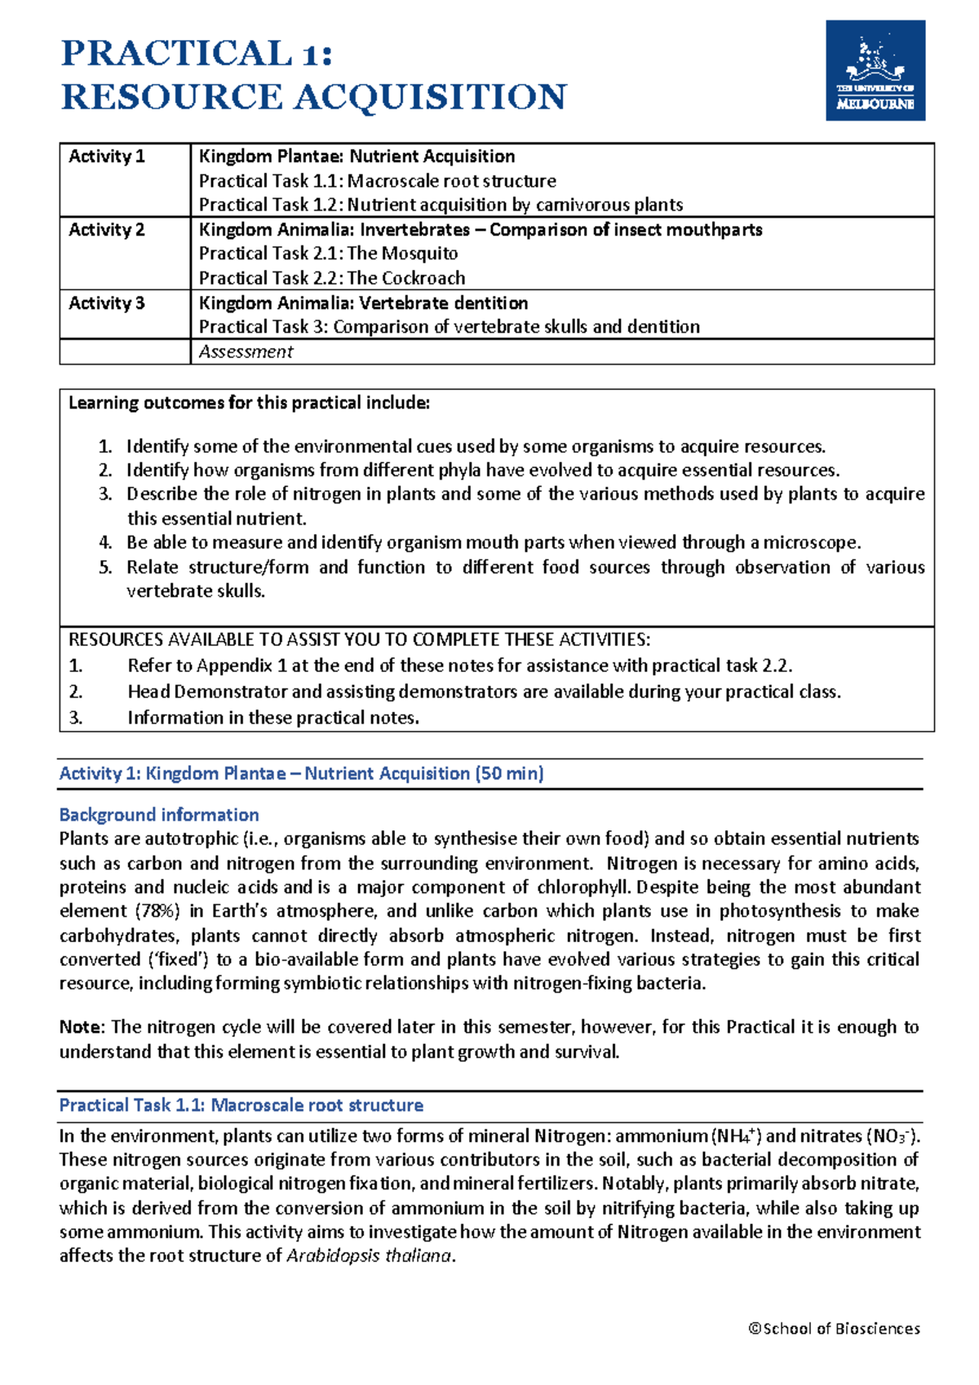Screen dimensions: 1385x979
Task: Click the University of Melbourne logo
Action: tap(875, 71)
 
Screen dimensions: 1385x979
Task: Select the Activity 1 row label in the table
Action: tap(106, 157)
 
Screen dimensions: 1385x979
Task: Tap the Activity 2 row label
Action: tap(106, 230)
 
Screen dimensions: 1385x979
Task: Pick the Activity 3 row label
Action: tap(106, 303)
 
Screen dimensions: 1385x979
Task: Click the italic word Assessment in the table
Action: tap(246, 352)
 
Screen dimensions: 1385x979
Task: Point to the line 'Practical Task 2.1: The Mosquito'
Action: tap(328, 254)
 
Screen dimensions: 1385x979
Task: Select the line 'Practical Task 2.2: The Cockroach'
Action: tap(332, 278)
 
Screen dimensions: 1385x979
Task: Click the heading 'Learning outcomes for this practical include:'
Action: tap(249, 403)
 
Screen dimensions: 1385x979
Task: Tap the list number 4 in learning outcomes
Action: tap(105, 543)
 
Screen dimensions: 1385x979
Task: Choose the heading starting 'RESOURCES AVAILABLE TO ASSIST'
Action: tap(359, 639)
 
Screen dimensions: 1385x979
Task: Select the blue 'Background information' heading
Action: tap(159, 815)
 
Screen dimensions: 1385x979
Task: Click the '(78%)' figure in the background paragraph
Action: tap(157, 911)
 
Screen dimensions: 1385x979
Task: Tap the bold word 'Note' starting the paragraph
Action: tap(81, 1027)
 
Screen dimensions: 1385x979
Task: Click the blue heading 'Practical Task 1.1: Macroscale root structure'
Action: tap(241, 1105)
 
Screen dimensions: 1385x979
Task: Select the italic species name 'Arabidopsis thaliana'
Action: tap(369, 1256)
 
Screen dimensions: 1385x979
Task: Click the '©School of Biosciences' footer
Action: tap(834, 1329)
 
